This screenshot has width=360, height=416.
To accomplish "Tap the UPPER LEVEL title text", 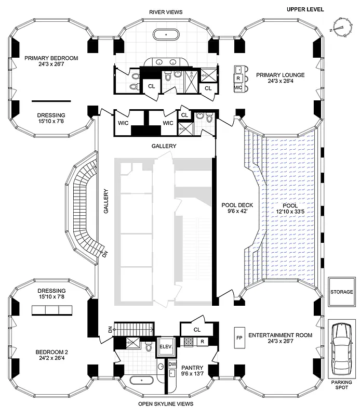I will pos(305,9).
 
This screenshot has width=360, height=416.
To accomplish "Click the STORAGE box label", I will pos(341,292).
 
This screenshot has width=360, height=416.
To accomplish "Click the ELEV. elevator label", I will pos(166,346).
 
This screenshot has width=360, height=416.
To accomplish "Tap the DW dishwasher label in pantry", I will pos(172,364).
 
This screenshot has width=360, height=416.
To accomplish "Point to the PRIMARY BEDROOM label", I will pos(51,58).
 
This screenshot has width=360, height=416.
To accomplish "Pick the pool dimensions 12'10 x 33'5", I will pos(289,212).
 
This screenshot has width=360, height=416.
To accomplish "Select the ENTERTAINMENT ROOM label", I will pos(280,335).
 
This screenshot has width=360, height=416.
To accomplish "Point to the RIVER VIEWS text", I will pos(166,11).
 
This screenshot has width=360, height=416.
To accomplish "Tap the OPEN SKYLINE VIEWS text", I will pos(166,404).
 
